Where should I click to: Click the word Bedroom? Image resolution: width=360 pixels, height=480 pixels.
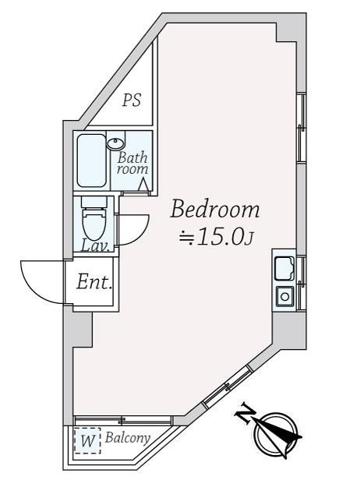click(x=215, y=209)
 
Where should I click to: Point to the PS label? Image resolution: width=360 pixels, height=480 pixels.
click(x=132, y=100)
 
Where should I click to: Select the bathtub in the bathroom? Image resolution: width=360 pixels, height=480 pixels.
click(x=91, y=161)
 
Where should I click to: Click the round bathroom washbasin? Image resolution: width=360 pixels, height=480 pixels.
click(x=115, y=143)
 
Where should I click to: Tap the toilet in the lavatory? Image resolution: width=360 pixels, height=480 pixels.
click(x=94, y=218)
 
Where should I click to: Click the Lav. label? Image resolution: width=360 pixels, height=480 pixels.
click(x=95, y=245)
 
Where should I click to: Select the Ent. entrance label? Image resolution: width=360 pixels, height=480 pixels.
click(x=94, y=282)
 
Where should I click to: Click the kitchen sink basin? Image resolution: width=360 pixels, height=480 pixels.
click(x=284, y=269)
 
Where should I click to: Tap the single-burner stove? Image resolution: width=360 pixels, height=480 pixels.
click(x=284, y=296)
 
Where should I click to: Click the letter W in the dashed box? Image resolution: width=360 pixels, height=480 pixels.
click(x=87, y=441)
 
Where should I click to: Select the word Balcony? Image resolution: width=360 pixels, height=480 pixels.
click(x=128, y=438)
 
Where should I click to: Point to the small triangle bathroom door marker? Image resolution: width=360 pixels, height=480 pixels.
click(x=143, y=185)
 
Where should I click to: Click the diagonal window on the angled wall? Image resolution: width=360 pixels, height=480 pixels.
click(x=228, y=386)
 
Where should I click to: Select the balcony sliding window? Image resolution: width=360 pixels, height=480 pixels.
click(x=123, y=421)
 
